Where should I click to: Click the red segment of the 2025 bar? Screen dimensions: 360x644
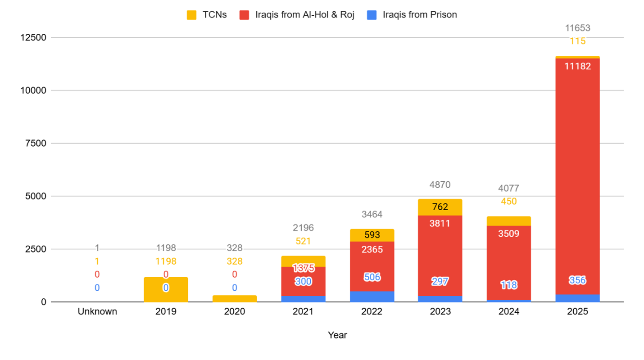[577, 180]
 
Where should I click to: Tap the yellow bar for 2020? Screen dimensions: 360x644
[235, 299]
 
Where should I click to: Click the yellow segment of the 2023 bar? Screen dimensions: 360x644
[440, 207]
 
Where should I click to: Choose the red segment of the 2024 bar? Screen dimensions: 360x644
[508, 261]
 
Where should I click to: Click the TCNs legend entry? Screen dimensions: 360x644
[207, 15]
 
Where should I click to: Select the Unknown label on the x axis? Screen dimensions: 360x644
[97, 311]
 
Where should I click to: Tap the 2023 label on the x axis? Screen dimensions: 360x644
[440, 311]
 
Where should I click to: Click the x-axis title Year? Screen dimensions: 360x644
[337, 335]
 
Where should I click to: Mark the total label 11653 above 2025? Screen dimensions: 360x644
[577, 28]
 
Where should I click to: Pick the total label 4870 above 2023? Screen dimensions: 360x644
[440, 185]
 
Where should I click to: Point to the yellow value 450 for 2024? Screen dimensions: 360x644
[508, 202]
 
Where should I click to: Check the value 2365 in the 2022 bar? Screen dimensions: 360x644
[372, 249]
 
